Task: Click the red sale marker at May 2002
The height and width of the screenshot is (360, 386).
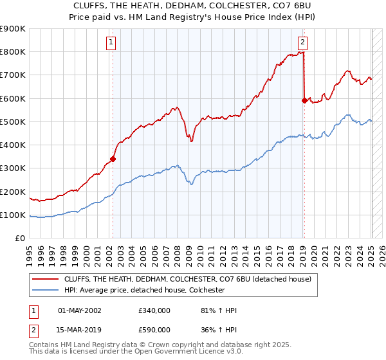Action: pyautogui.click(x=113, y=159)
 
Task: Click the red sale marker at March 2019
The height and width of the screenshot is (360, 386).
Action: pyautogui.click(x=304, y=100)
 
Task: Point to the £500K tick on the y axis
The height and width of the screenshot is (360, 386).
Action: pyautogui.click(x=14, y=122)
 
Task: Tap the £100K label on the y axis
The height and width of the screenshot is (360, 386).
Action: pyautogui.click(x=14, y=215)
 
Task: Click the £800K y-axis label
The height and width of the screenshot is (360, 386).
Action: pyautogui.click(x=14, y=52)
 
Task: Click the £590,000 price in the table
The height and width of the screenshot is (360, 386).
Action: pyautogui.click(x=154, y=330)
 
